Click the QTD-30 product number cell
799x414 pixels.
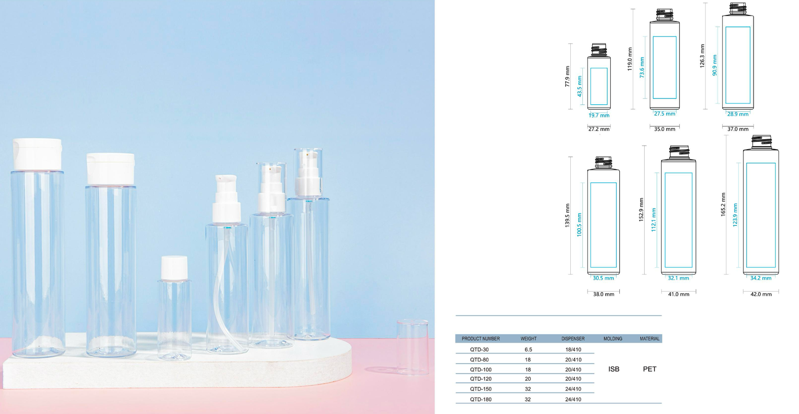(x=479, y=350)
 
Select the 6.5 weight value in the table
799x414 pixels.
(x=528, y=350)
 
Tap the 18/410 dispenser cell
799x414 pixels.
(x=573, y=350)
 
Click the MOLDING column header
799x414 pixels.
(x=613, y=339)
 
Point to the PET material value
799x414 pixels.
(x=650, y=369)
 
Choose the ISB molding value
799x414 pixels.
(x=614, y=369)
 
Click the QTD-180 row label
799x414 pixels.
(x=480, y=400)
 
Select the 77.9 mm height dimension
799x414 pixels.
(x=567, y=76)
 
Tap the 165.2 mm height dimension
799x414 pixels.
(x=723, y=204)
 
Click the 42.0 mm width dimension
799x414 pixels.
(x=761, y=294)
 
